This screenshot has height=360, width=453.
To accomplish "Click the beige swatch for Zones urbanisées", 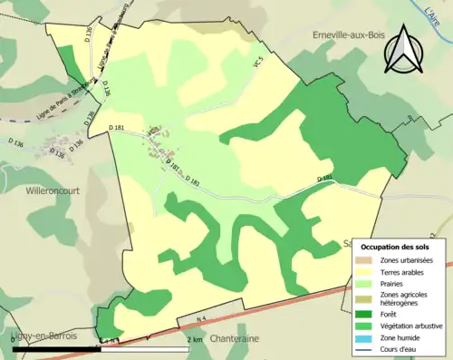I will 363,260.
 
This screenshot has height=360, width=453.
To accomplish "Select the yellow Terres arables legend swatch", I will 363,271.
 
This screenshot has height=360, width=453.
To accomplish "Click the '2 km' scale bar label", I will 193,339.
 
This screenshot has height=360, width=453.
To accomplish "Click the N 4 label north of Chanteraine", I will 188,319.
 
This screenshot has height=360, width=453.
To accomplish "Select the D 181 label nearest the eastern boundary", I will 326,179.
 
